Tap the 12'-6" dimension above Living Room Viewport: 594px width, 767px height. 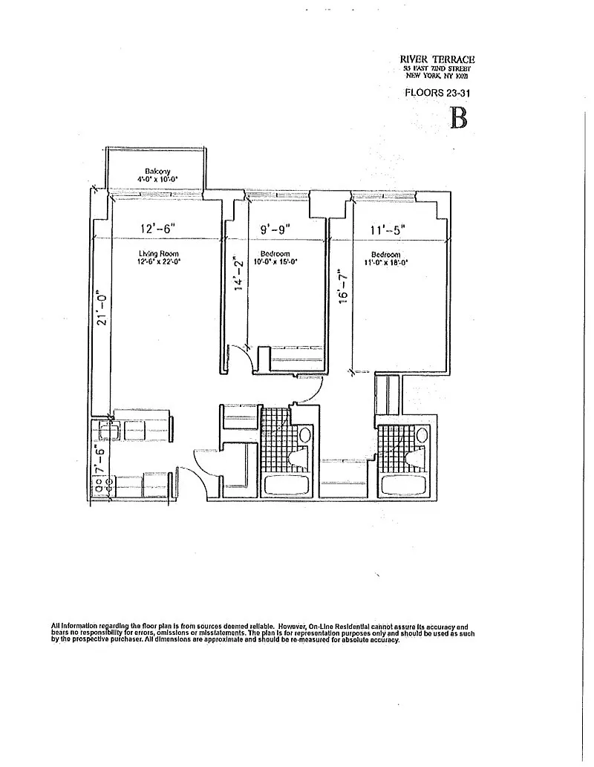[157, 229]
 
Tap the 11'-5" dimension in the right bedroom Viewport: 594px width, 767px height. [387, 230]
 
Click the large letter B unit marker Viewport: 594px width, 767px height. [459, 118]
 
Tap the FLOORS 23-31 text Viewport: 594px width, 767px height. [437, 94]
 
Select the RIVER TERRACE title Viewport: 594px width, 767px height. [437, 60]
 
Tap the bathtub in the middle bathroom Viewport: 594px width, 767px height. [290, 487]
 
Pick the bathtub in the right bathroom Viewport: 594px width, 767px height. [402, 488]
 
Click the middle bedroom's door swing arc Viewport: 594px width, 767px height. [239, 356]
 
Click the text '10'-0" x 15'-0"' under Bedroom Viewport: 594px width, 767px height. [275, 262]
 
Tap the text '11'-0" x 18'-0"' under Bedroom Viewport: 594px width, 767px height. [385, 262]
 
